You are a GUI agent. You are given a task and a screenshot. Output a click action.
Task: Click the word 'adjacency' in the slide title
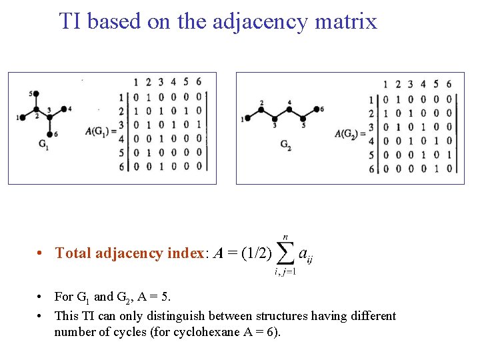point(260,21)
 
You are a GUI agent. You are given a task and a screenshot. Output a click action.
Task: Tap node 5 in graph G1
point(36,94)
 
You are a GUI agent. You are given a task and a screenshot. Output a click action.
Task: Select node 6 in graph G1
point(49,133)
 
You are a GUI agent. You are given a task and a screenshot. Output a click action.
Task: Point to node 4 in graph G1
point(63,108)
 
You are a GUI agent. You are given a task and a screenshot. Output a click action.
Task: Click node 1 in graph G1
point(23,117)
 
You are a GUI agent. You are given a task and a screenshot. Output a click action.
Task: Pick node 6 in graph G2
point(317,109)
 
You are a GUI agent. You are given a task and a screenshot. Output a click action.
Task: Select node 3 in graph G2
point(274,118)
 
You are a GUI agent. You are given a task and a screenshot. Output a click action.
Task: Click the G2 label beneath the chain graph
point(285,144)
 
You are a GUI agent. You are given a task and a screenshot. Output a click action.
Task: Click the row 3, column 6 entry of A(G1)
point(198,124)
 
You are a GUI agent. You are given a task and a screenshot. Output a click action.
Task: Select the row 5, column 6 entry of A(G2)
point(449,155)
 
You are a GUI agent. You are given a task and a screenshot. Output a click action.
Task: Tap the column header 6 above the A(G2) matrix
point(449,84)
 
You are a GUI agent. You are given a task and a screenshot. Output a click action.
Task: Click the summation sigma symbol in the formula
point(285,253)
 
